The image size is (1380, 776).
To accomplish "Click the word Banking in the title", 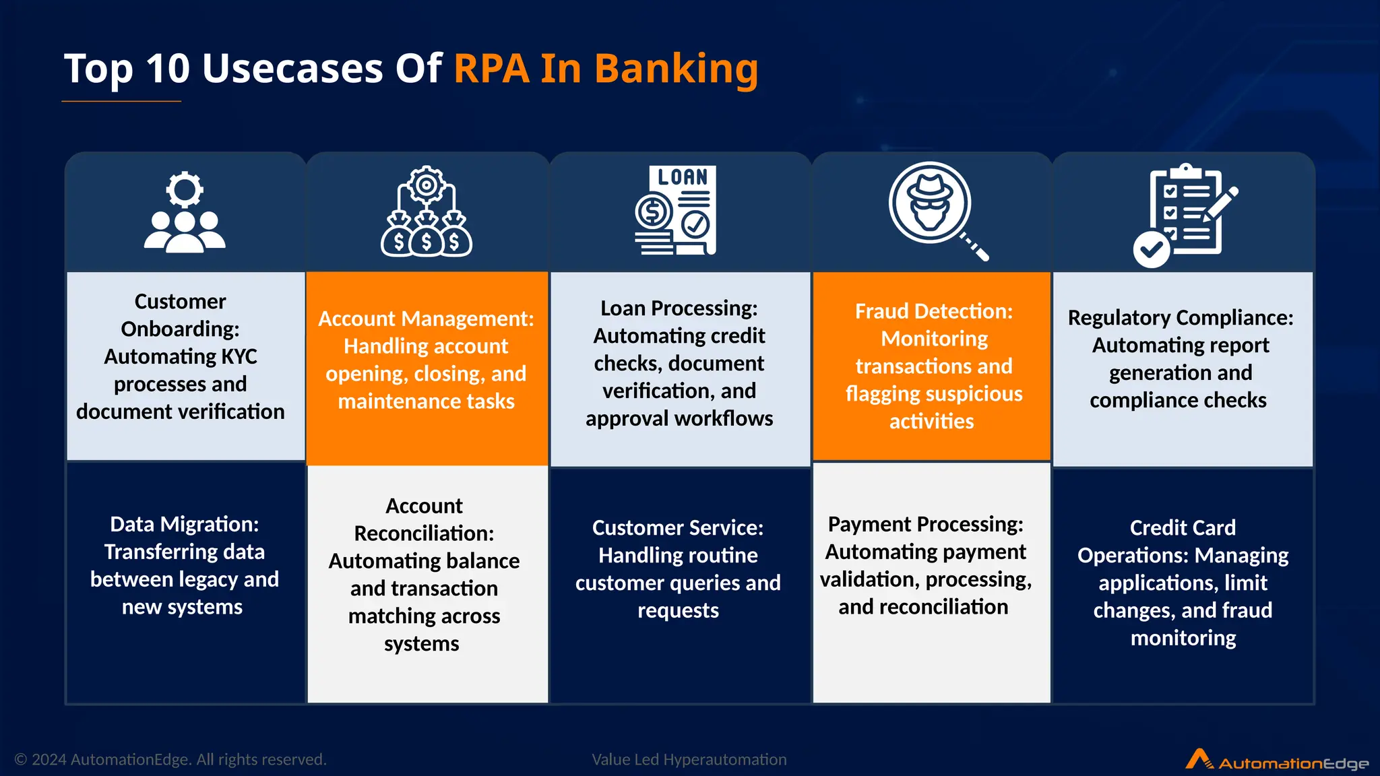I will point(676,69).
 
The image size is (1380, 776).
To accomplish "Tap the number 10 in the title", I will point(168,69).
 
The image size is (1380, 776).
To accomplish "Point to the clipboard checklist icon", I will point(1185,214).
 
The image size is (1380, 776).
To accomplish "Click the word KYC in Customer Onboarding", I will point(239,356).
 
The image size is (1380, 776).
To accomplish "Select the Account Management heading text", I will point(426,319).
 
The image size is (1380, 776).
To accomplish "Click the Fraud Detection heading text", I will point(933,311).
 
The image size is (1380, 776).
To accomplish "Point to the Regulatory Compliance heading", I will point(1181,317).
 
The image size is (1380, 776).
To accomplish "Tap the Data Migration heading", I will point(184,524).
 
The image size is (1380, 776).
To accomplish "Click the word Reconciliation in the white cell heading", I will point(424,533).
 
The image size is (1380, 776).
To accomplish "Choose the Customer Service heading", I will point(677,527).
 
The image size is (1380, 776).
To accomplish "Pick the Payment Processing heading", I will point(925,524).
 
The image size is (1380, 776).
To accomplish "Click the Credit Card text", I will point(1183,527).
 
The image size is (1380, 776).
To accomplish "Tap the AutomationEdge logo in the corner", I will point(1277,761).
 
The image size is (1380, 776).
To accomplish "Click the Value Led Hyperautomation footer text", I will point(689,760).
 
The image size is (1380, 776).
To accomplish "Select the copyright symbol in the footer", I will point(21,760).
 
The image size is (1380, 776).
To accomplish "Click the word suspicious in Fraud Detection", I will point(976,393).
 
